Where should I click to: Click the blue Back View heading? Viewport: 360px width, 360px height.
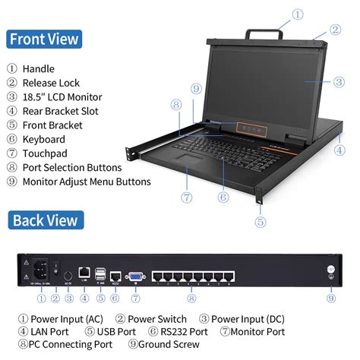pyautogui.click(x=44, y=220)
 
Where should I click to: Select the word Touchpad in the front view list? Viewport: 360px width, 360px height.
pyautogui.click(x=44, y=153)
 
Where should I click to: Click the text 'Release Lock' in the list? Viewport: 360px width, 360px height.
pyautogui.click(x=52, y=83)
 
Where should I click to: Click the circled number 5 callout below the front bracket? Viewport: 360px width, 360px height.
pyautogui.click(x=261, y=222)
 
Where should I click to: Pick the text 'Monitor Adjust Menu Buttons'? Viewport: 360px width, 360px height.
pyautogui.click(x=87, y=182)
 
